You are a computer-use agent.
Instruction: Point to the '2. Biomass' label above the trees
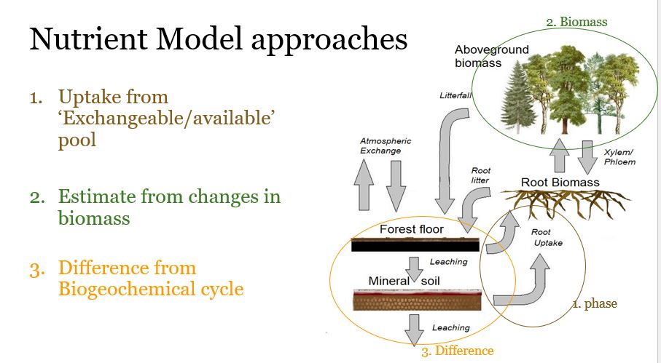[x=576, y=22]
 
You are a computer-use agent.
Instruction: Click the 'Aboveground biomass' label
[x=491, y=56]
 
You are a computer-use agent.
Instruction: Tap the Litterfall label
[x=455, y=95]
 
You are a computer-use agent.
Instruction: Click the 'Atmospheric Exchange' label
[x=386, y=145]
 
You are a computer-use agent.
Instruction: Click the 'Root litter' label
[x=481, y=175]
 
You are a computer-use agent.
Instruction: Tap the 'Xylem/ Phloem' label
[x=619, y=156]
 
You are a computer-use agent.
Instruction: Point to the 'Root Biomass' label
[x=560, y=182]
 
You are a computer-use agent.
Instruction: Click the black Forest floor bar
[x=414, y=246]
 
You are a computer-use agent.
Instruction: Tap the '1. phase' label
[x=594, y=303]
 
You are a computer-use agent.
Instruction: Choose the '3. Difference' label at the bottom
[x=457, y=351]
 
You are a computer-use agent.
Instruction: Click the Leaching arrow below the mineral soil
[x=415, y=329]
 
